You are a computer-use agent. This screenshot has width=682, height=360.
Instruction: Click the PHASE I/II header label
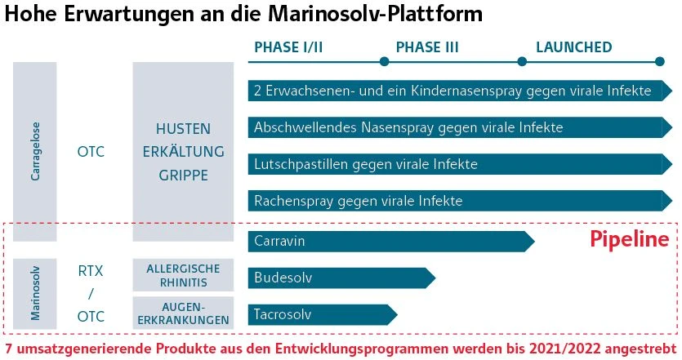tap(288, 47)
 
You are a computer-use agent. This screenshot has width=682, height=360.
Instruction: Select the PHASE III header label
tap(427, 47)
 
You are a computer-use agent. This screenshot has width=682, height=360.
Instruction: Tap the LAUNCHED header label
tap(573, 47)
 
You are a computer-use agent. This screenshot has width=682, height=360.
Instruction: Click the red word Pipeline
tap(630, 238)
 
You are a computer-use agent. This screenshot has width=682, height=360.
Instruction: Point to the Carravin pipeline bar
tap(391, 242)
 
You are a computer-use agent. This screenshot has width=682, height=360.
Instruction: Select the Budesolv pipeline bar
tap(341, 278)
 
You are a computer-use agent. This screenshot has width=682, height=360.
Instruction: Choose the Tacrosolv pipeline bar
tap(323, 314)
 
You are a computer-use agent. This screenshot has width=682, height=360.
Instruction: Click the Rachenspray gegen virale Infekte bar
tap(460, 201)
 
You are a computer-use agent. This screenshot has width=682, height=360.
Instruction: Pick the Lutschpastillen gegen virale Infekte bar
tap(460, 164)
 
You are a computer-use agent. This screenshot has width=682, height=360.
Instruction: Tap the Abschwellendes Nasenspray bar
tap(460, 127)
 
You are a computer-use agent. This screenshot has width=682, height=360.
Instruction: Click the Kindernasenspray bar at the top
tap(460, 91)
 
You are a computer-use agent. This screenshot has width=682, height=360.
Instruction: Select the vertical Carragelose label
tap(35, 151)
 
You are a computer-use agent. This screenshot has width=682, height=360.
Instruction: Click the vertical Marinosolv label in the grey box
tap(35, 294)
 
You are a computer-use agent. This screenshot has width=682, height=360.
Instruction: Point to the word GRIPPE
tap(183, 176)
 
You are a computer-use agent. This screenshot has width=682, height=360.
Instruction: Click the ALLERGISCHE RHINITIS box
tap(183, 275)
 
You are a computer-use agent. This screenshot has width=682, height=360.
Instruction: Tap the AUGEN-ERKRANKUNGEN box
tap(183, 313)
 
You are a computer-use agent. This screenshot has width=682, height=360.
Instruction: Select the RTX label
tap(91, 271)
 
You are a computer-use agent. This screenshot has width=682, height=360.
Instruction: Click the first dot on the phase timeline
tap(384, 62)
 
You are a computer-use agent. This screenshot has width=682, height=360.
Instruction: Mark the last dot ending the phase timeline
tap(659, 62)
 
